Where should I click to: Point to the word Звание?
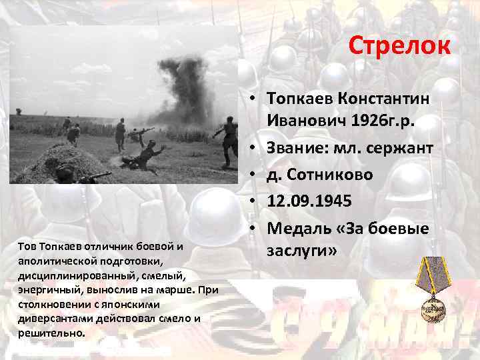(298, 148)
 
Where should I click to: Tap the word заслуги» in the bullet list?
(303, 250)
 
